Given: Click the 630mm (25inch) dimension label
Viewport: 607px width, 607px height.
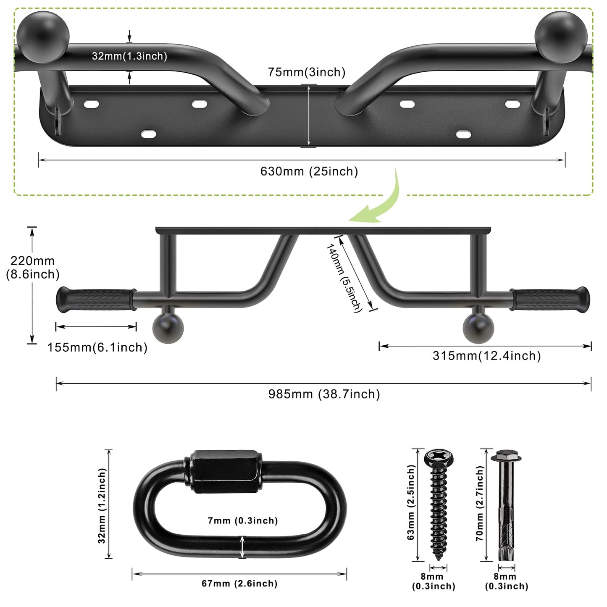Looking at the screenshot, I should [x=309, y=171].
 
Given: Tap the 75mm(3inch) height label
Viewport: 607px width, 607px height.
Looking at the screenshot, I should [x=307, y=72].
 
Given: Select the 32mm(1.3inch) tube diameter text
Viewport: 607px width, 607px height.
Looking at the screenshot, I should [x=129, y=56].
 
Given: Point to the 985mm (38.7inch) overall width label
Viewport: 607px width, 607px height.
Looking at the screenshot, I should [x=324, y=394].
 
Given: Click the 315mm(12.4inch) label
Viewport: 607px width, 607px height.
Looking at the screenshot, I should [x=486, y=356].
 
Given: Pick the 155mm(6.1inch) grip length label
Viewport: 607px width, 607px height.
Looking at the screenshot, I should [x=97, y=347].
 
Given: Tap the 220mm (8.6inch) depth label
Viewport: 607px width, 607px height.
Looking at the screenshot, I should [x=33, y=268].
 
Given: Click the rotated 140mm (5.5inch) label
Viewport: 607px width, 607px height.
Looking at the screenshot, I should [x=344, y=278].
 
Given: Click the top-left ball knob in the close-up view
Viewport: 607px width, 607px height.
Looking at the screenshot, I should [x=43, y=37].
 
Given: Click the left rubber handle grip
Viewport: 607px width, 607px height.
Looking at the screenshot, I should [x=96, y=300].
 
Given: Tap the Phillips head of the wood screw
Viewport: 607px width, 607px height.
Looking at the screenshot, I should [x=439, y=457].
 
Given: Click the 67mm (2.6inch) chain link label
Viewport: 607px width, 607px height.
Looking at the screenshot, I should [x=239, y=583].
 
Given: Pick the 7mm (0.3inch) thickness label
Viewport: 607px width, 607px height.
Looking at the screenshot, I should [x=243, y=521].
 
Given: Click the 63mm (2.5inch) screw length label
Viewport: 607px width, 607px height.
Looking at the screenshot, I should [x=411, y=502].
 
